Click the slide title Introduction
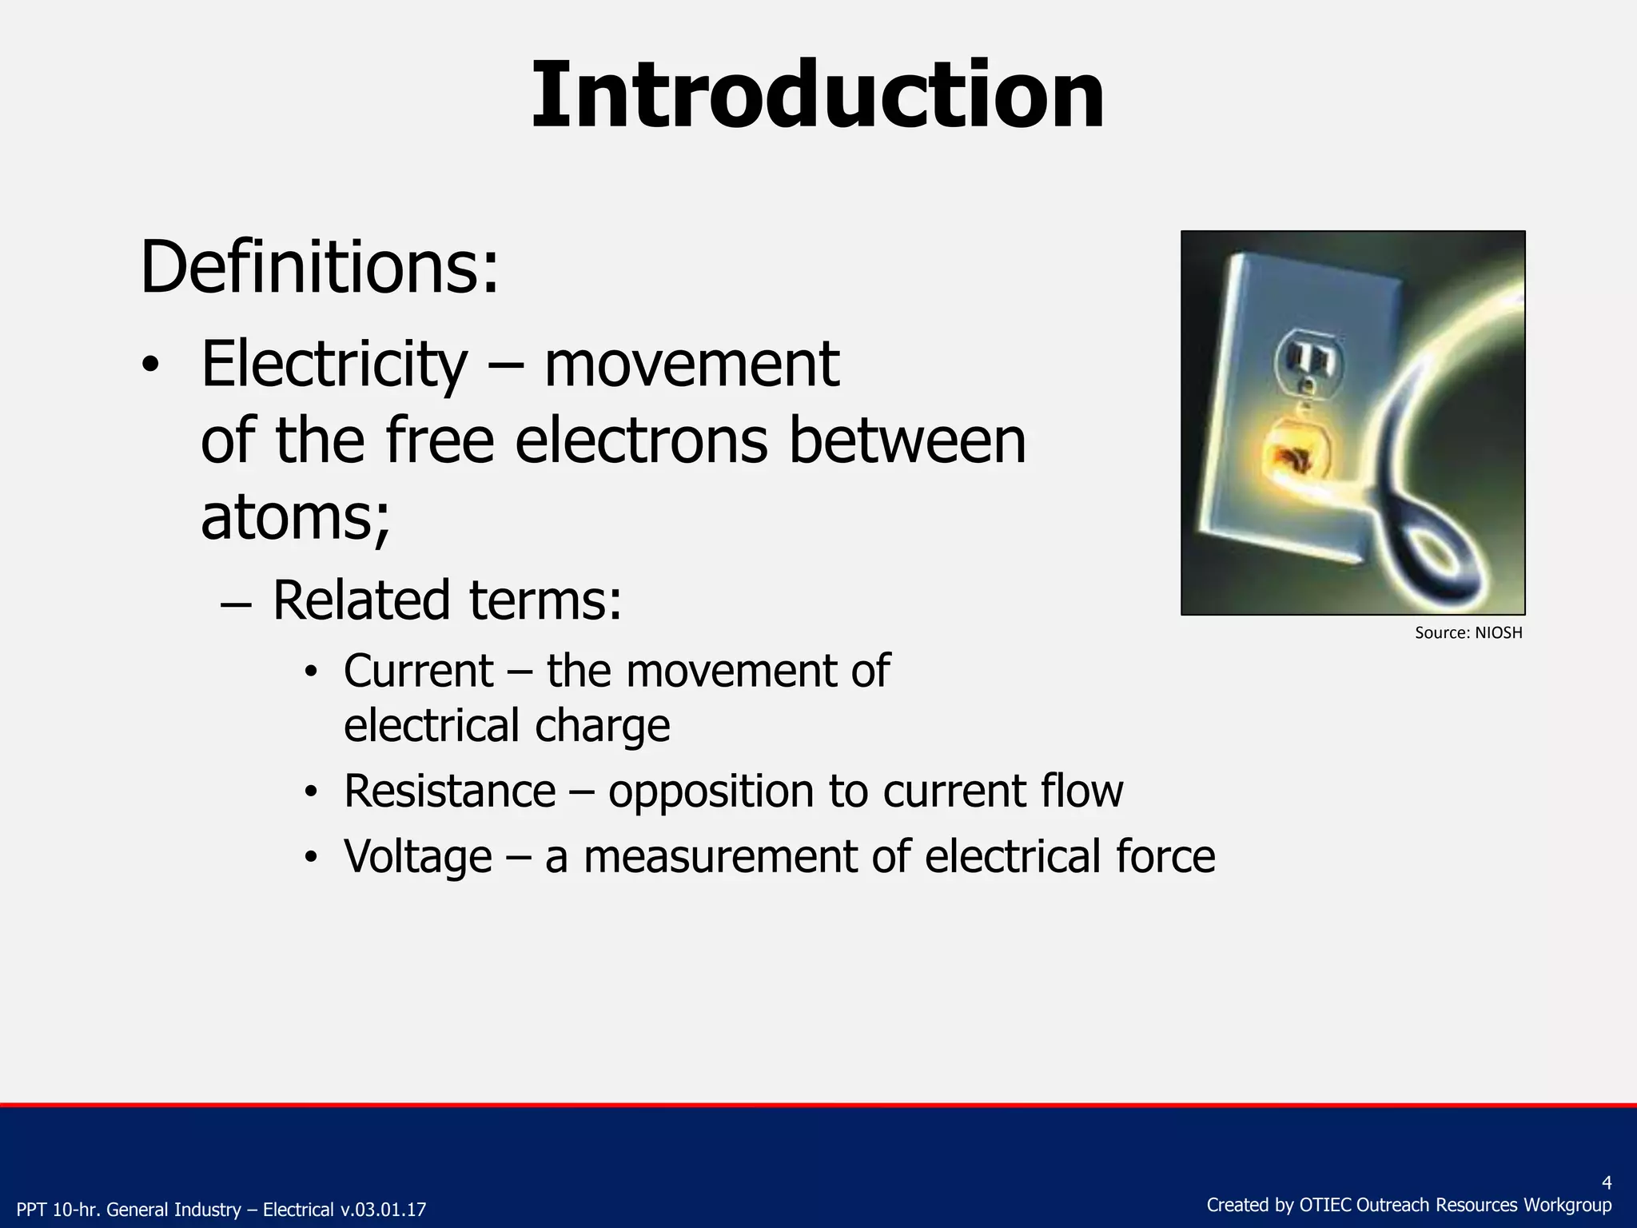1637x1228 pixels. click(817, 96)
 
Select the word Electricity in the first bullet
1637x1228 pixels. click(334, 365)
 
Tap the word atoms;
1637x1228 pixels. click(295, 517)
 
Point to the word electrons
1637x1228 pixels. click(641, 441)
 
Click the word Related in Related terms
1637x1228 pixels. click(362, 600)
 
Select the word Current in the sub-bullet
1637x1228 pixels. click(418, 671)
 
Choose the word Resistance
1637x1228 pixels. click(449, 791)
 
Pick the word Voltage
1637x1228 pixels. click(417, 857)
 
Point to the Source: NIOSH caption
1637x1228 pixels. click(1468, 633)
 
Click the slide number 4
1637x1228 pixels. click(1607, 1183)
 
